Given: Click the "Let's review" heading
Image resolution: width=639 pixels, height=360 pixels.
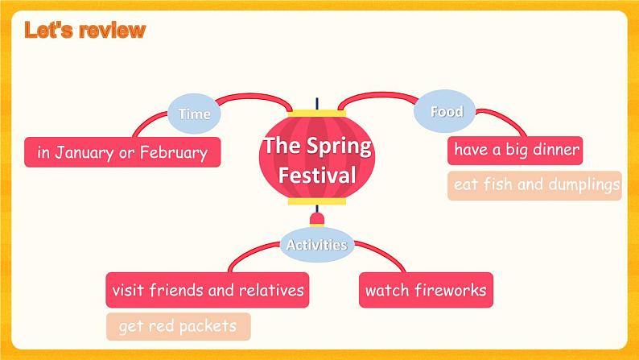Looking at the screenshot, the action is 85,30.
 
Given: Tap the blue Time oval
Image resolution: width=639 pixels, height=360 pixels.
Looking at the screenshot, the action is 194,114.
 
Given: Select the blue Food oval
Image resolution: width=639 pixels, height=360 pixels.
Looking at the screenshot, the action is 444,111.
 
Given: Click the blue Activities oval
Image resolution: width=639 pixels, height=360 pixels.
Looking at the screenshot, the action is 316,245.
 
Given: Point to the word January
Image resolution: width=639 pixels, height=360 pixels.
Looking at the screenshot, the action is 85,153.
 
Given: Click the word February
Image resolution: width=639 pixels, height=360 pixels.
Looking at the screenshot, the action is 174,153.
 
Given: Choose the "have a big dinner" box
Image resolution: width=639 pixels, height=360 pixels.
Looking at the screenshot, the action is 515,151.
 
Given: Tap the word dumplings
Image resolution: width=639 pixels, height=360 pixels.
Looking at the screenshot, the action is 583,185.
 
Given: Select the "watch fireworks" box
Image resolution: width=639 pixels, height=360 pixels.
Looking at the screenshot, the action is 426,290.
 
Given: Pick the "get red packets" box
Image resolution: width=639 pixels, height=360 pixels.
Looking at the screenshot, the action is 179,326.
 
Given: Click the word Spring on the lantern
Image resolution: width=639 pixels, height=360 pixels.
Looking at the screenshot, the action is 339,147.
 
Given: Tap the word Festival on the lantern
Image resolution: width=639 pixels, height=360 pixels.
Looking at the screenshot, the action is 317,176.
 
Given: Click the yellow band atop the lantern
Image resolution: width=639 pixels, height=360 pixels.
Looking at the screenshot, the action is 316,114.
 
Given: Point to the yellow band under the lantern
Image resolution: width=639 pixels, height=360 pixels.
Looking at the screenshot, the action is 316,201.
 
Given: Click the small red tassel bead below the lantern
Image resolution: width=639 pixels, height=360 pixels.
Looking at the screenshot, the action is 316,219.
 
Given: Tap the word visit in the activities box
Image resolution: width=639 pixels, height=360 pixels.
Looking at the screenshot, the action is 127,290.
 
